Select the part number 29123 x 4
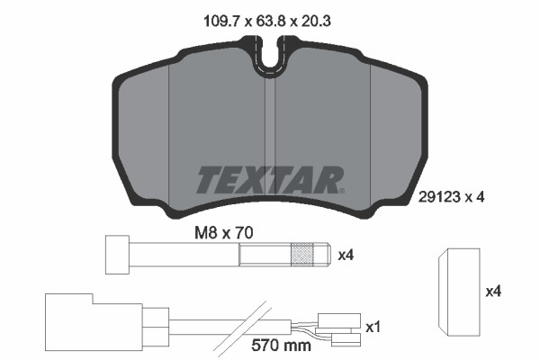(x=452, y=197)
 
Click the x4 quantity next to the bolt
(x=346, y=255)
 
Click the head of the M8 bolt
(x=118, y=255)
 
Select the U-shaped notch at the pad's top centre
(x=267, y=56)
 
